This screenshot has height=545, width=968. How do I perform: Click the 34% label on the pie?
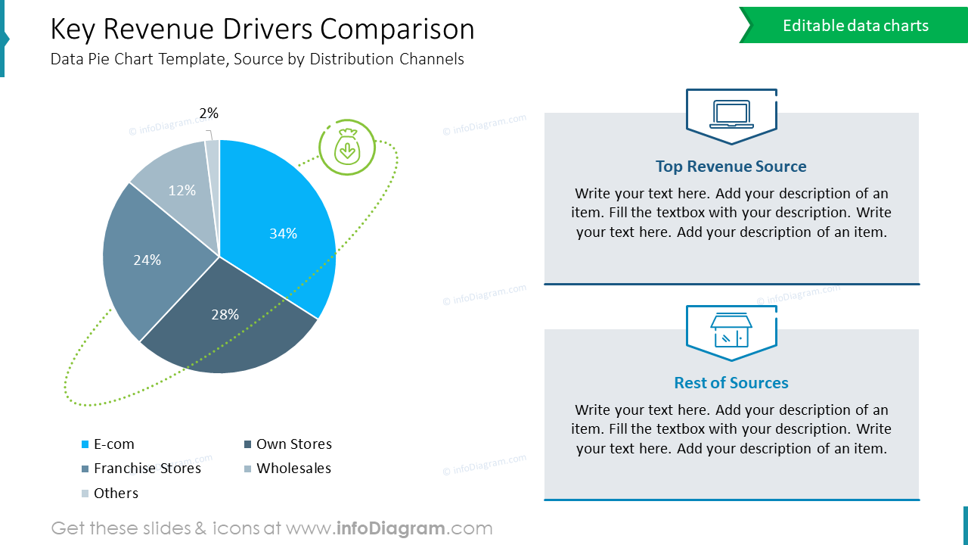(x=284, y=234)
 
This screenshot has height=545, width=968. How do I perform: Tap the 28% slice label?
(x=225, y=314)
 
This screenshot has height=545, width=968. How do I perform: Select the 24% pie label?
(x=147, y=260)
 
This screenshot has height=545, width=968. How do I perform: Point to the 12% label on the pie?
(x=182, y=191)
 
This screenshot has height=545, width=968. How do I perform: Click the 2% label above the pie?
(x=209, y=114)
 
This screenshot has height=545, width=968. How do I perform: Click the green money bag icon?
(x=347, y=147)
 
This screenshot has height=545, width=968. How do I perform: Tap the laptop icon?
(x=731, y=114)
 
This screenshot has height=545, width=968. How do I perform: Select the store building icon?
(x=731, y=330)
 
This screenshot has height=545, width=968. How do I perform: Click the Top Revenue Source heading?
(x=731, y=167)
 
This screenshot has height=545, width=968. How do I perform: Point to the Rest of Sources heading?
(x=731, y=383)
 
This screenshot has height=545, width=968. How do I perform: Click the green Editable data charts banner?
(x=855, y=26)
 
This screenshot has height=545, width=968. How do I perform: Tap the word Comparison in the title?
(x=397, y=30)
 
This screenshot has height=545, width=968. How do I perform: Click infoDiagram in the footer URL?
(x=390, y=528)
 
